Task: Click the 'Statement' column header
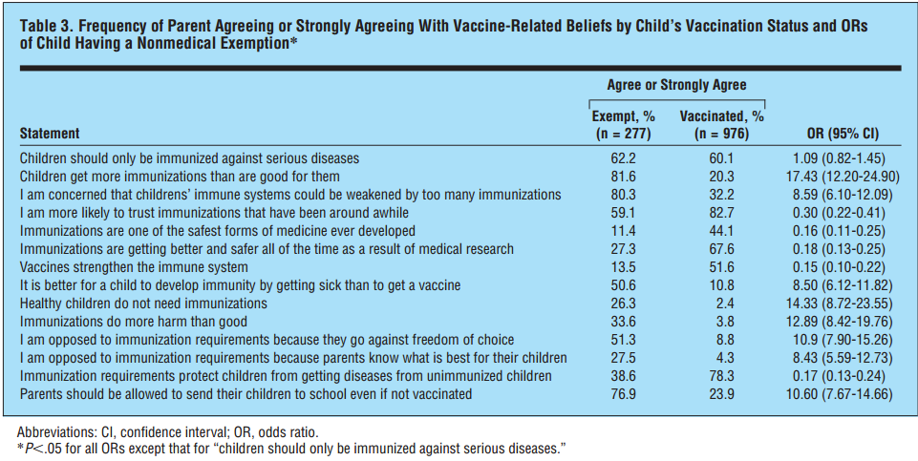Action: [50, 134]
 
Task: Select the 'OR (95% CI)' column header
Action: [837, 134]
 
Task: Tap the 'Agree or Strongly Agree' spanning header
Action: [677, 85]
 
